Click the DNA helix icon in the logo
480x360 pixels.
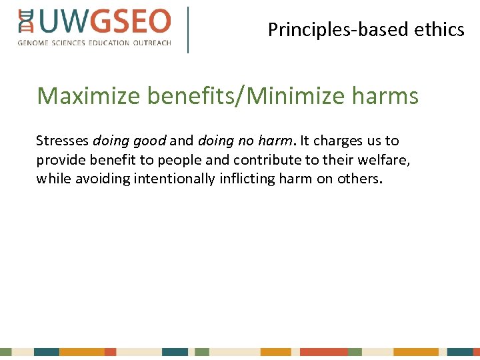pyautogui.click(x=26, y=22)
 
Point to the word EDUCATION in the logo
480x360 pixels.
pyautogui.click(x=107, y=43)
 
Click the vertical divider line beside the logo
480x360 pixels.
pyautogui.click(x=188, y=29)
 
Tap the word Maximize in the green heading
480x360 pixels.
pyautogui.click(x=89, y=97)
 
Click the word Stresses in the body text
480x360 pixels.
pyautogui.click(x=62, y=141)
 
